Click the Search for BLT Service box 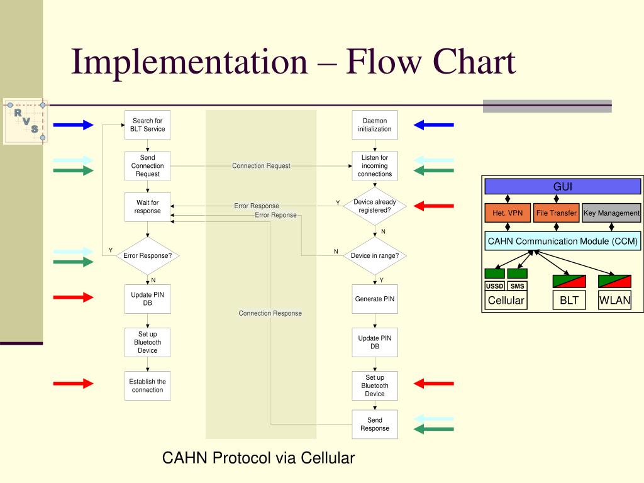click(x=147, y=125)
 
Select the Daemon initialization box click(x=375, y=125)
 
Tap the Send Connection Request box click(x=147, y=166)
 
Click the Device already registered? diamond click(x=375, y=206)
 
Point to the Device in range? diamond click(x=375, y=255)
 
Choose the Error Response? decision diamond click(x=147, y=255)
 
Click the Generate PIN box click(x=375, y=299)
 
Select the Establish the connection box click(x=147, y=386)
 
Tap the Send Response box click(x=375, y=425)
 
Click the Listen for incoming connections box click(x=375, y=166)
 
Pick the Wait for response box click(x=147, y=207)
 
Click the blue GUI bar click(x=563, y=187)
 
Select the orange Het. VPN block click(x=508, y=213)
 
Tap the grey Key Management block click(x=611, y=213)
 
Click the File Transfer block click(x=556, y=213)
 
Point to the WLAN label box click(x=614, y=300)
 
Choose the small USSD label click(x=495, y=286)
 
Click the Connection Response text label click(x=270, y=313)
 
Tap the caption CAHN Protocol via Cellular click(x=258, y=458)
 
